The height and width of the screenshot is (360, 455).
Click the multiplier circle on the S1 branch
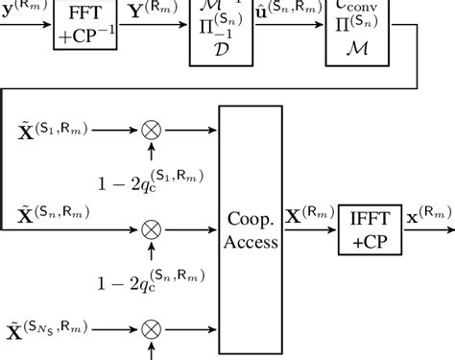point(151,128)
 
